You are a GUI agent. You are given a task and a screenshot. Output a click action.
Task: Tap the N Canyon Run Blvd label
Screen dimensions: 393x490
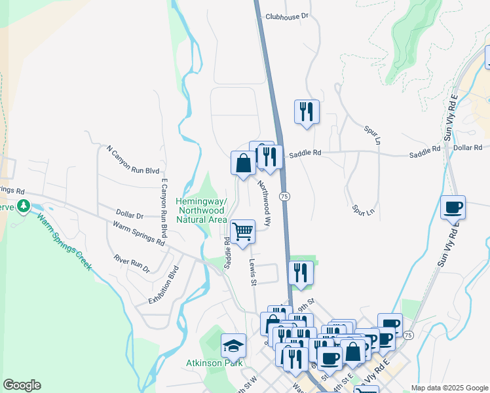point(133,160)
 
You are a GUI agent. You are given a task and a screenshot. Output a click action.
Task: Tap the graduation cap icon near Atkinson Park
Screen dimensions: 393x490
point(234,345)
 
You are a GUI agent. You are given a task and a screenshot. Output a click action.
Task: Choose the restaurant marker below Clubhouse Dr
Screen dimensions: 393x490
point(306,111)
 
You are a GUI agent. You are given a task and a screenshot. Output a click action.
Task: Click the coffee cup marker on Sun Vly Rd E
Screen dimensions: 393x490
point(453,207)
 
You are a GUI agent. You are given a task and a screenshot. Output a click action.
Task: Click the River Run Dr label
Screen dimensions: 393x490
point(132,264)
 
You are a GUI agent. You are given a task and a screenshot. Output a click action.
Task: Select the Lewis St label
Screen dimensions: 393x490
point(252,271)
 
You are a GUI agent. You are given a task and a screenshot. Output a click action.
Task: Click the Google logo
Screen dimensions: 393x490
point(22,385)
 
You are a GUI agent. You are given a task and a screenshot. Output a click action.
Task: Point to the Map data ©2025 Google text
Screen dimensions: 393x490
point(449,388)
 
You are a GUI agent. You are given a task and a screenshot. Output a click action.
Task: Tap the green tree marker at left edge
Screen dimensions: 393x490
point(24,207)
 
